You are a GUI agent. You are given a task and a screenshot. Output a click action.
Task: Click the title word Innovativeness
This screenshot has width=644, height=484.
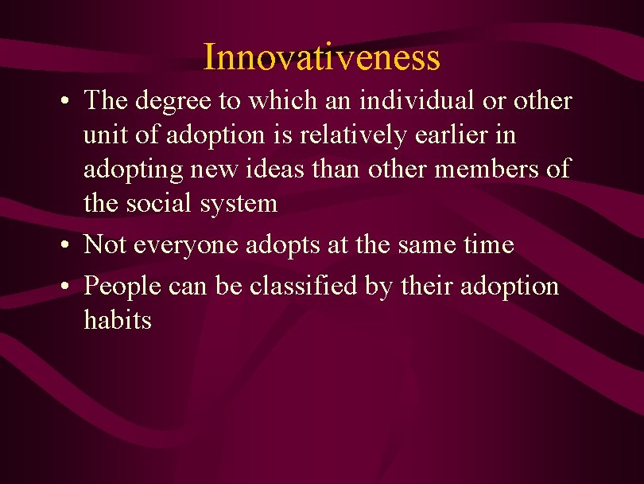[x=321, y=57]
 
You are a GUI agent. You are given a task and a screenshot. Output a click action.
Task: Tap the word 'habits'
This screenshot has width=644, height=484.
[x=117, y=320]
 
